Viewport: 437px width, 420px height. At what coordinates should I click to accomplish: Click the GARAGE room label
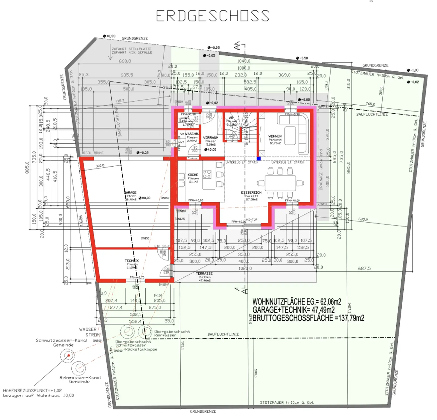pyautogui.click(x=130, y=193)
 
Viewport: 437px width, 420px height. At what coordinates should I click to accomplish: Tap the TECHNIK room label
pyautogui.click(x=132, y=261)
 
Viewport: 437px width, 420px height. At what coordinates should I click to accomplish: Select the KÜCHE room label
pyautogui.click(x=193, y=175)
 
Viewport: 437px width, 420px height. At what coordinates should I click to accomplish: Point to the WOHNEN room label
pyautogui.click(x=275, y=136)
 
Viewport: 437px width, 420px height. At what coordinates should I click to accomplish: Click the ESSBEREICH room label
pyautogui.click(x=251, y=193)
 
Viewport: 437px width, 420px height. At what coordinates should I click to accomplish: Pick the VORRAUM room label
pyautogui.click(x=211, y=138)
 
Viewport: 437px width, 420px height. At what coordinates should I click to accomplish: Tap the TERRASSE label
pyautogui.click(x=204, y=274)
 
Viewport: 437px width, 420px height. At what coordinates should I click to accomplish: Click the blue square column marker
pyautogui.click(x=259, y=159)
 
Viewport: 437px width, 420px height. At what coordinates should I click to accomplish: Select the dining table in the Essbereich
pyautogui.click(x=280, y=183)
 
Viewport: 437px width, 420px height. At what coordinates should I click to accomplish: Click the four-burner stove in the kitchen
pyautogui.click(x=207, y=174)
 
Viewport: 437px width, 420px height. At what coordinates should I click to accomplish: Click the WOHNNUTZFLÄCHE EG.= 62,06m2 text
pyautogui.click(x=296, y=302)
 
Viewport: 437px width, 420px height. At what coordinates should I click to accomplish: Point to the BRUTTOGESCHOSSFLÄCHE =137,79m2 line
pyautogui.click(x=308, y=318)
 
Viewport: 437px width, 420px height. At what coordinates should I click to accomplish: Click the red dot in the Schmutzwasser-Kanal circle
pyautogui.click(x=68, y=355)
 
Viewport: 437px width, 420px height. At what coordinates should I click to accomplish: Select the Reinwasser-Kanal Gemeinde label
pyautogui.click(x=80, y=380)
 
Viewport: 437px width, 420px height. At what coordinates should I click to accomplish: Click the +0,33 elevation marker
pyautogui.click(x=109, y=36)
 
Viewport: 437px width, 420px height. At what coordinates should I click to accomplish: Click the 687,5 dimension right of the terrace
pyautogui.click(x=364, y=268)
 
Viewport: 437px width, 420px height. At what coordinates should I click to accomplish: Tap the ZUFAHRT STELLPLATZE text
pyautogui.click(x=131, y=49)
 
